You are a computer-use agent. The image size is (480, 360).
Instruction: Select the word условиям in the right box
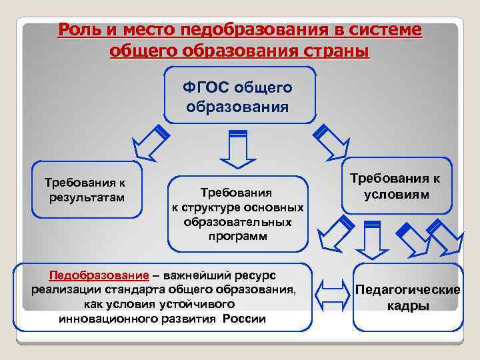click(x=396, y=195)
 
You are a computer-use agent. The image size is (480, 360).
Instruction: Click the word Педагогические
click(x=407, y=290)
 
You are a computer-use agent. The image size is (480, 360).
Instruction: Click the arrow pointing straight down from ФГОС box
click(x=235, y=149)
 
